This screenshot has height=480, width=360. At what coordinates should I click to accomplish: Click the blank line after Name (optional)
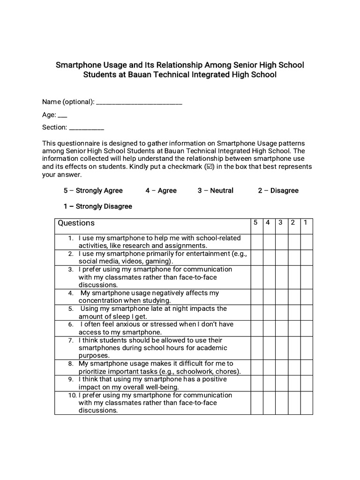pyautogui.click(x=139, y=103)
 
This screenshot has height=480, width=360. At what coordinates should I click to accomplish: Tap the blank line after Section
pyautogui.click(x=86, y=128)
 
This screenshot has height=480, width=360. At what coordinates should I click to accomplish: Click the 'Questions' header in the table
pyautogui.click(x=76, y=223)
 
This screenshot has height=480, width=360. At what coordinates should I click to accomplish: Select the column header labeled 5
pyautogui.click(x=256, y=223)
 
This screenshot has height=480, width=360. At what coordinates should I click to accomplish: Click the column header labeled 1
pyautogui.click(x=306, y=223)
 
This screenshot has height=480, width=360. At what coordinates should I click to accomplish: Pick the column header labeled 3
pyautogui.click(x=281, y=223)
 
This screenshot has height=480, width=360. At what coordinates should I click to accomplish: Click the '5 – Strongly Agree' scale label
pyautogui.click(x=93, y=190)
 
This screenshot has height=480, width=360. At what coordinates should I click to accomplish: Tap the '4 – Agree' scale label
pyautogui.click(x=161, y=190)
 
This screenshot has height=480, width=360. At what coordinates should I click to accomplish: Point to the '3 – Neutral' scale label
pyautogui.click(x=215, y=190)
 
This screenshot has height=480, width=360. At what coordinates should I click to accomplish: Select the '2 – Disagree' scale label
pyautogui.click(x=278, y=190)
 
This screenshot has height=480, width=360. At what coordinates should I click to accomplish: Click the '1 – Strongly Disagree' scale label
pyautogui.click(x=98, y=206)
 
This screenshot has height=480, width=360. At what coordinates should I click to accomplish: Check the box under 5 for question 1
pyautogui.click(x=256, y=242)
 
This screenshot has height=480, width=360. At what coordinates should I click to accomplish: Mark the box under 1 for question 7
pyautogui.click(x=306, y=348)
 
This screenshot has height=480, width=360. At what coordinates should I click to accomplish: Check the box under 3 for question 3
pyautogui.click(x=281, y=277)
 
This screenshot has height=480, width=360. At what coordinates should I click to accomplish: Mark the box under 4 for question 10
pyautogui.click(x=269, y=403)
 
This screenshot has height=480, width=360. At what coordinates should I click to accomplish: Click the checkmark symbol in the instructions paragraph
pyautogui.click(x=209, y=167)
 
